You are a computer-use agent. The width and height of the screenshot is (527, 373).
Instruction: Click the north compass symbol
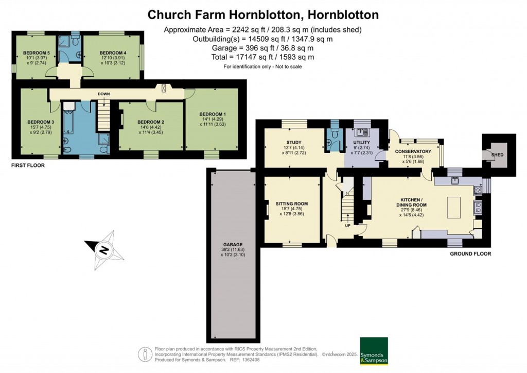104,250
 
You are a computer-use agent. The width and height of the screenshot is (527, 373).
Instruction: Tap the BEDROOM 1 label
213,114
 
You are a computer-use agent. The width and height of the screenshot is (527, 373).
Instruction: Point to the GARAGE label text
233,245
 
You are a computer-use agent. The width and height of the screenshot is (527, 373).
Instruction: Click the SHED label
497,155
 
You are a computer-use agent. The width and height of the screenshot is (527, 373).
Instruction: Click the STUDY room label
294,143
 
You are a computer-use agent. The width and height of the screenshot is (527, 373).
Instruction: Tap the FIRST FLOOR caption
28,166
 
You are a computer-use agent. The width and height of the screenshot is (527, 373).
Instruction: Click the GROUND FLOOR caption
470,254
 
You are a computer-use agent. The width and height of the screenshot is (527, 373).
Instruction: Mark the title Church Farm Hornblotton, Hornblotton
263,14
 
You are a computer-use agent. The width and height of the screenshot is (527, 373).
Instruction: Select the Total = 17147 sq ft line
262,57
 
